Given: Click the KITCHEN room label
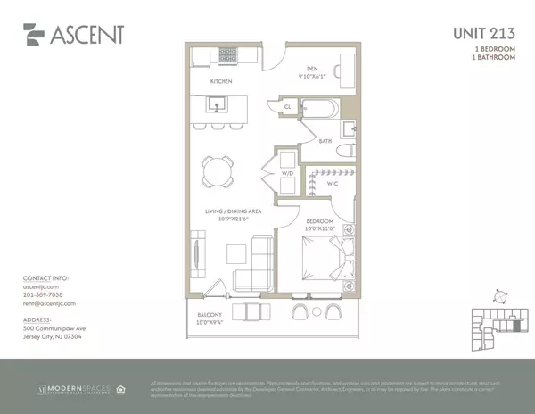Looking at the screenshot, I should [x=221, y=82].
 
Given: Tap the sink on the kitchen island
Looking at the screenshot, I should [x=217, y=103].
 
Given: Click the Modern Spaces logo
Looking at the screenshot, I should [x=73, y=389].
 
